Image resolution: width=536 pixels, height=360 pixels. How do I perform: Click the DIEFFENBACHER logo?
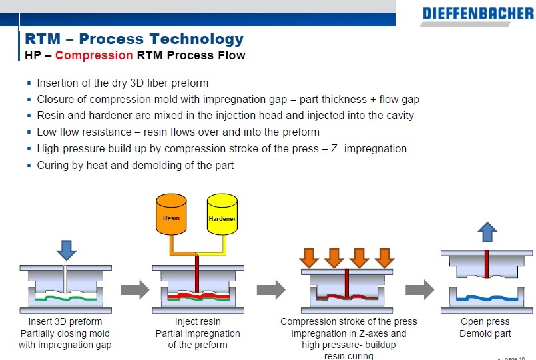(x=477, y=13)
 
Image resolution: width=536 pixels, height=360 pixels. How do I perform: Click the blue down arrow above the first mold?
(x=67, y=249)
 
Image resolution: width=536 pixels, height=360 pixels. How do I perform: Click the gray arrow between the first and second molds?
(x=135, y=289)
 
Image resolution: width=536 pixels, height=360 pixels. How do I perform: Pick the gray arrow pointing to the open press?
(x=419, y=289)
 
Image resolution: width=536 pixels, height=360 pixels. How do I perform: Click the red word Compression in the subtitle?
(x=94, y=55)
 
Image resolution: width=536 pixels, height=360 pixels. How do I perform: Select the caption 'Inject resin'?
(x=198, y=322)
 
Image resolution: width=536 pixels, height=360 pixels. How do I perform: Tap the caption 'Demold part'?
(x=485, y=333)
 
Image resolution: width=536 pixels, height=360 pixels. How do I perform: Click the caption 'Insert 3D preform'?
(x=65, y=322)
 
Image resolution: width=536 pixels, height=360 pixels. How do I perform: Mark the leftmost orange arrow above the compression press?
(x=308, y=257)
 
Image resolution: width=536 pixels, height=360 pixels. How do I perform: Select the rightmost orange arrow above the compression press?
(x=384, y=257)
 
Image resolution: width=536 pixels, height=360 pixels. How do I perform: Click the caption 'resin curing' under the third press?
(x=348, y=356)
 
